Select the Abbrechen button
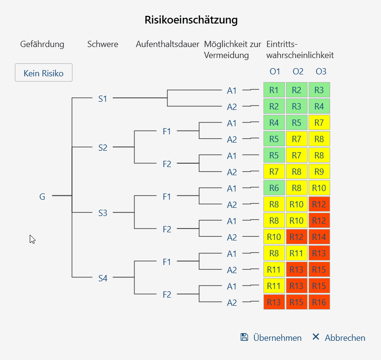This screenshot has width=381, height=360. (339, 337)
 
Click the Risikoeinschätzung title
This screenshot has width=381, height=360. (191, 20)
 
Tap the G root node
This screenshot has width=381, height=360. (42, 196)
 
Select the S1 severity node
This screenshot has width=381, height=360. (103, 98)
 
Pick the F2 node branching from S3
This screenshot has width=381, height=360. (167, 229)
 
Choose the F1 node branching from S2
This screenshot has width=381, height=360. (167, 131)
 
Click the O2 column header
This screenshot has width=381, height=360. (298, 72)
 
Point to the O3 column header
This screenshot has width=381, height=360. (321, 72)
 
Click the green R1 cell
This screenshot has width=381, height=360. (274, 90)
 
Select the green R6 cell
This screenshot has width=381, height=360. (274, 188)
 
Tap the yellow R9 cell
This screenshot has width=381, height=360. (319, 172)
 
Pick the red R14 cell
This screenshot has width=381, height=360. (319, 237)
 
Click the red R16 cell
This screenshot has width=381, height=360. (319, 302)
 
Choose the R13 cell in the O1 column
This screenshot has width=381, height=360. (274, 302)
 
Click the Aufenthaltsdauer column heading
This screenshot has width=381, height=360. (167, 44)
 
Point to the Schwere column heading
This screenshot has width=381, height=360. (103, 44)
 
